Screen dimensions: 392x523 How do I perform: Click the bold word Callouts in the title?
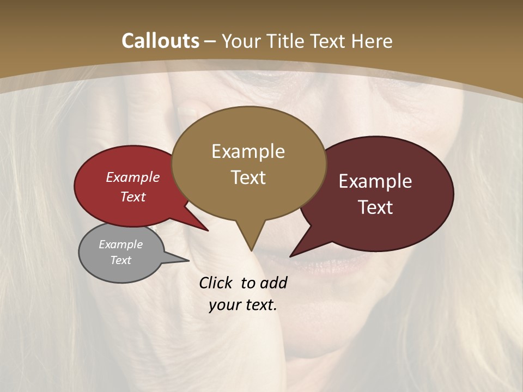160,41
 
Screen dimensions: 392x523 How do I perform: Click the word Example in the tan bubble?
248,151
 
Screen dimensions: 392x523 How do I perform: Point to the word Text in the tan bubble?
248,177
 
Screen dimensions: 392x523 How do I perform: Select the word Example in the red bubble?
133,177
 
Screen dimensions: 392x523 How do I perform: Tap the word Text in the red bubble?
133,197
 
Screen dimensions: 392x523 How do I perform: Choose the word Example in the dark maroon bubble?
375,181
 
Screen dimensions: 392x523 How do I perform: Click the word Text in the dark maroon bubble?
376,207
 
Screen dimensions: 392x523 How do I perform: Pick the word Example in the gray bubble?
121,244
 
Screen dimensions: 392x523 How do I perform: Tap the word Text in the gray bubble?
121,260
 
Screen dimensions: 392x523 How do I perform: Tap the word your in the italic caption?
224,305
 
